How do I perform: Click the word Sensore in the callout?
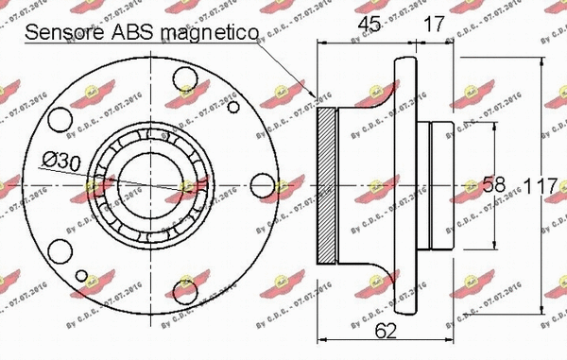pyautogui.click(x=62, y=33)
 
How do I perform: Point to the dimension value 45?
pyautogui.click(x=372, y=24)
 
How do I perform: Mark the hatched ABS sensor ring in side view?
pyautogui.click(x=326, y=184)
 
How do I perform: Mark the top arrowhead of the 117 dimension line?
pyautogui.click(x=541, y=59)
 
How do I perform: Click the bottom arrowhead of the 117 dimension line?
pyautogui.click(x=541, y=310)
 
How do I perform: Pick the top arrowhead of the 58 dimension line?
pyautogui.click(x=492, y=123)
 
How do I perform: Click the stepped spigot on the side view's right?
pyautogui.click(x=445, y=184)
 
